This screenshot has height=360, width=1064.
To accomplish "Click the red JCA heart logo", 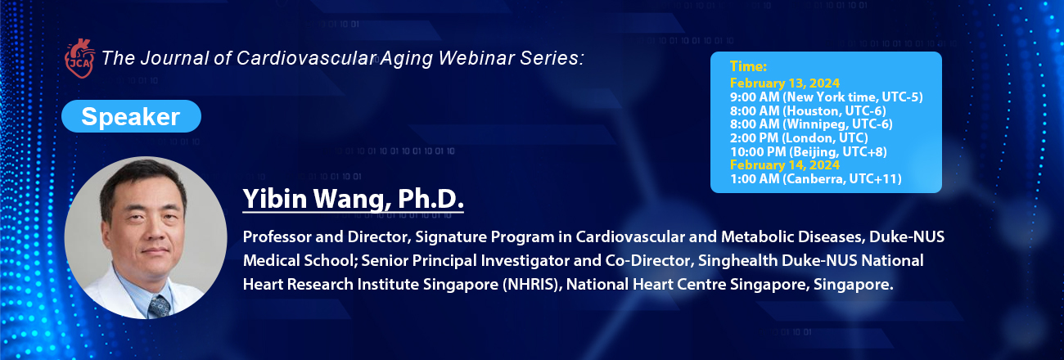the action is [x=79, y=58].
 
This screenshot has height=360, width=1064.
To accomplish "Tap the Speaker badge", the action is [x=131, y=116].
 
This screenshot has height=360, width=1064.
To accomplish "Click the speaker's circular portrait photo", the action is [x=146, y=237].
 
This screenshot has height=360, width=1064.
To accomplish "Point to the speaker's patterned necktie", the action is [x=159, y=306].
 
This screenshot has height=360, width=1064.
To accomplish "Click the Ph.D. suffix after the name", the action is [x=431, y=198].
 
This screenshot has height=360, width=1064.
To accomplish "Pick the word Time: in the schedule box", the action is [x=748, y=66].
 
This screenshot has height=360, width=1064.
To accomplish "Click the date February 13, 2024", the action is [x=785, y=83].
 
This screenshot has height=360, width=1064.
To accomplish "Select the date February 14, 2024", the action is [x=785, y=164].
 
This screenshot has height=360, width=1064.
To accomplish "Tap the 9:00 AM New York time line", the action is [x=827, y=97].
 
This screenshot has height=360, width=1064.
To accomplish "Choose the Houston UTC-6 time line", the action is [x=808, y=110].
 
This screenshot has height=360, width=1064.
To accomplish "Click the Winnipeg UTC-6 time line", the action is [x=811, y=124].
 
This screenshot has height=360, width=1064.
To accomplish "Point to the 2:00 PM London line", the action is [x=799, y=137].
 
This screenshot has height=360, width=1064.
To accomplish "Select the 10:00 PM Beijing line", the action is [x=809, y=151].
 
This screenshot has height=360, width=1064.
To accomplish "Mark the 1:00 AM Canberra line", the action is [x=815, y=178].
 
